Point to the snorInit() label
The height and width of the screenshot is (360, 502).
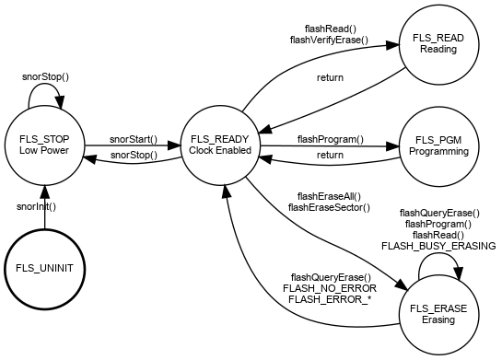coord(36,207)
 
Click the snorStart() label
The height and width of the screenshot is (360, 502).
coord(134,140)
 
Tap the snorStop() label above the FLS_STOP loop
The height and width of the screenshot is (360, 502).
coord(45,76)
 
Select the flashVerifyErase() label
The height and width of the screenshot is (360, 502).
coord(329,40)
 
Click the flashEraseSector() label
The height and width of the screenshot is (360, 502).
coord(329,208)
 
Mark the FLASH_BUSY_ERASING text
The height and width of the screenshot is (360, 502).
coord(438,246)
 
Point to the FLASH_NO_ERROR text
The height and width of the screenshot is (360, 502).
coord(330,288)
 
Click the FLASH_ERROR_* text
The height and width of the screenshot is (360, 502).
coord(330,299)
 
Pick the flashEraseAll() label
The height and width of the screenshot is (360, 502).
coord(329,196)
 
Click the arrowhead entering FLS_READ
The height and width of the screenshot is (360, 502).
coord(392,45)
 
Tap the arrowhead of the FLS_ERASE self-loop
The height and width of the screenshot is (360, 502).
coord(458,274)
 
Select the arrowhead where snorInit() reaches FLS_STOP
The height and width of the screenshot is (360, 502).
coord(44,192)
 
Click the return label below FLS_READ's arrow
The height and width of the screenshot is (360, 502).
coord(330,77)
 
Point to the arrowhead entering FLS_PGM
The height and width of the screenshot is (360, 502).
coord(392,146)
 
